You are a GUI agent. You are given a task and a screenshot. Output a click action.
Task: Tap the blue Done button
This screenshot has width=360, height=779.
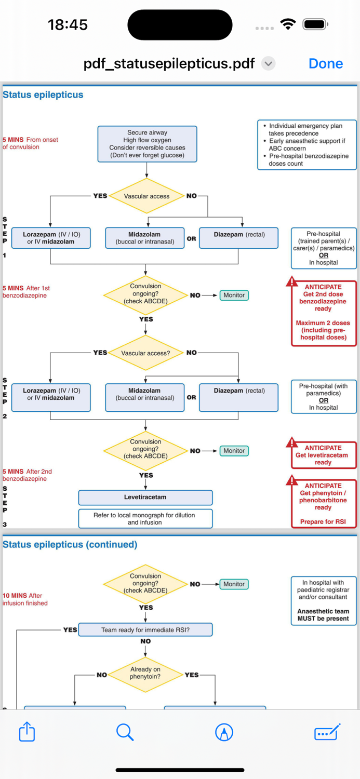pyautogui.click(x=326, y=63)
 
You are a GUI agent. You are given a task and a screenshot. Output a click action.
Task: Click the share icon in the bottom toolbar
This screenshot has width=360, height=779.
pyautogui.click(x=27, y=732)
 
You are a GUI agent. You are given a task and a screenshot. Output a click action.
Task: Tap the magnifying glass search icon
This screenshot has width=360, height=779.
pyautogui.click(x=125, y=732)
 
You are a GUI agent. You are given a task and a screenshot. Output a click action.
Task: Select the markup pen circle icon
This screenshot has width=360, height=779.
pyautogui.click(x=224, y=732)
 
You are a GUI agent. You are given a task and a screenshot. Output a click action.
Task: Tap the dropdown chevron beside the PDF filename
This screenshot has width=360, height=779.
pyautogui.click(x=268, y=64)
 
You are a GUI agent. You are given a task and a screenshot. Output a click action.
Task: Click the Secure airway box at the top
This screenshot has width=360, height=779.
pyautogui.click(x=147, y=144)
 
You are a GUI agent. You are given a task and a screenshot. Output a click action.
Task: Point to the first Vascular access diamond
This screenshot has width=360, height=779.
pyautogui.click(x=146, y=196)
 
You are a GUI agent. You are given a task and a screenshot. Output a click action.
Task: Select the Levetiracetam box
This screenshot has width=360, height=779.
pyautogui.click(x=145, y=498)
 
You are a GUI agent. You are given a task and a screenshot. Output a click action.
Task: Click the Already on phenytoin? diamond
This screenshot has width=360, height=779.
pyautogui.click(x=145, y=673)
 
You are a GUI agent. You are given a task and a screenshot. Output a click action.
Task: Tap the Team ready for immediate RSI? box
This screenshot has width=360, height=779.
pyautogui.click(x=145, y=630)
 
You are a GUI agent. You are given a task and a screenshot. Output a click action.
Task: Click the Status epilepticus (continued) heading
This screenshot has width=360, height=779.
pyautogui.click(x=70, y=545)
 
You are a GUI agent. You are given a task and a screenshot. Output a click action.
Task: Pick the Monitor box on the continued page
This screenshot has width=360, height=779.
pyautogui.click(x=234, y=584)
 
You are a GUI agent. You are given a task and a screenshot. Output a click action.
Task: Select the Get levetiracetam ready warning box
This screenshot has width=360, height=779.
pyautogui.click(x=323, y=455)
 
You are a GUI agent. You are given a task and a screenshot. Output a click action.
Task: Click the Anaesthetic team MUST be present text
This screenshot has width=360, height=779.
pyautogui.click(x=323, y=615)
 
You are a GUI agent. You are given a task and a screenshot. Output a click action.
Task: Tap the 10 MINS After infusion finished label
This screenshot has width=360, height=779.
pyautogui.click(x=25, y=599)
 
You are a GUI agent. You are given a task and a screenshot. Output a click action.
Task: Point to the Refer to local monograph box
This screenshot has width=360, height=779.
pyautogui.click(x=145, y=519)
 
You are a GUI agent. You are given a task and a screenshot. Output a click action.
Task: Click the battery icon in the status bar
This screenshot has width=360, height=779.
pyautogui.click(x=315, y=24)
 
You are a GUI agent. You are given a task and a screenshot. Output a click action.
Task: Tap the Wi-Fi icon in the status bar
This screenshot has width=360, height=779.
pyautogui.click(x=287, y=24)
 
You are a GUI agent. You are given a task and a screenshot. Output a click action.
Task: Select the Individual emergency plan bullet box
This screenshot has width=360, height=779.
pyautogui.click(x=307, y=145)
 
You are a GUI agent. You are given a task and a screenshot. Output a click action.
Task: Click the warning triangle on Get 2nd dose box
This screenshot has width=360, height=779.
pyautogui.click(x=292, y=282)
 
